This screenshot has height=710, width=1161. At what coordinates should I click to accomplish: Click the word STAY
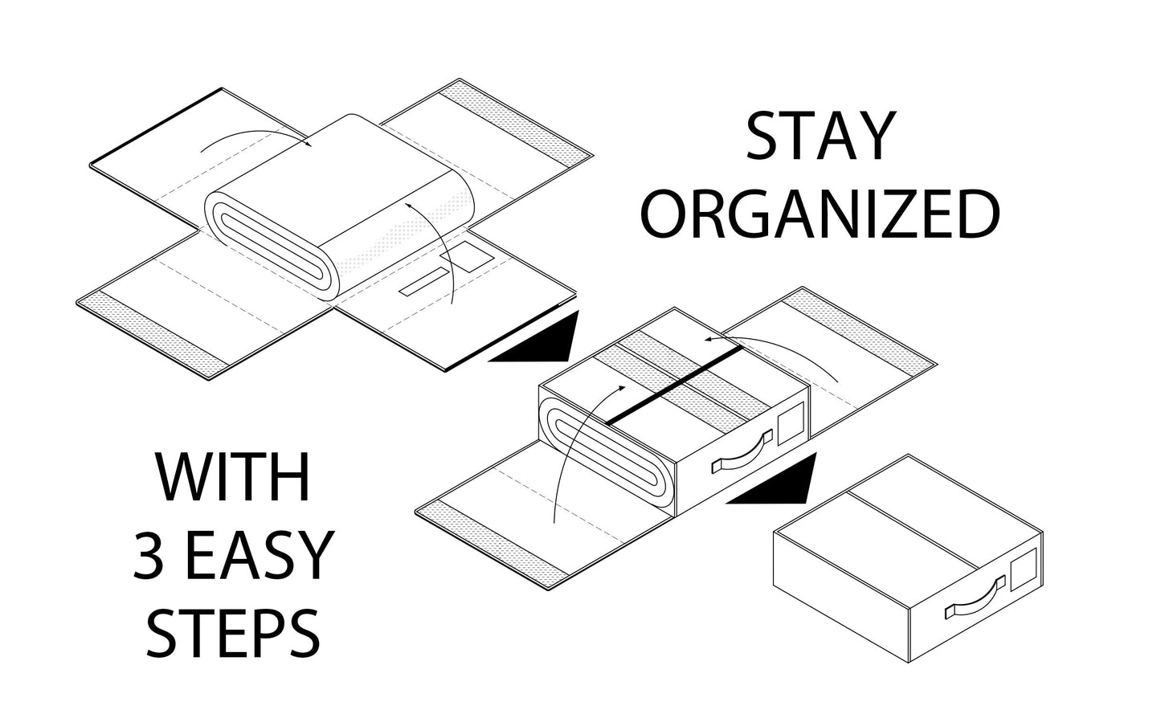820,137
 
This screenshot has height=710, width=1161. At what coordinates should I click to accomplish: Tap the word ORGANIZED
820,214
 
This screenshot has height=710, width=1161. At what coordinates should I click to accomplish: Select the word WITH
233,476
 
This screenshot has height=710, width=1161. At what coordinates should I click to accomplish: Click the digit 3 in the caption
149,554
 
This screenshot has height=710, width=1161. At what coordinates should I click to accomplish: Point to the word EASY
259,554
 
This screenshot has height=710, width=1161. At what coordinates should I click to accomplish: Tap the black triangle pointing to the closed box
773,479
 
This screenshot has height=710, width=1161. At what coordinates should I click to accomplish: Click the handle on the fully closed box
975,598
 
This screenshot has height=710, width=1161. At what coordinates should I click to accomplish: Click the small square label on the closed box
1023,569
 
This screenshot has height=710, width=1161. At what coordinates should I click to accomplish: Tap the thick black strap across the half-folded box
674,386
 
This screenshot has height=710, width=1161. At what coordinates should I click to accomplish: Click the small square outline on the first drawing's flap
467,256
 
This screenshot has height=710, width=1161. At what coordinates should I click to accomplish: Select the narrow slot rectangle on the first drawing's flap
424,282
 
